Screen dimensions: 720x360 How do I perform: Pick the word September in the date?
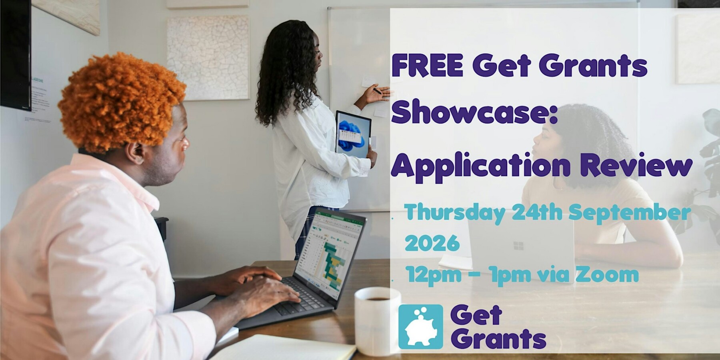(630, 214)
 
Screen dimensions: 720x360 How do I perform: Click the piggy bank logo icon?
(421, 326)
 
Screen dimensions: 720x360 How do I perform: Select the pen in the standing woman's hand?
(377, 91)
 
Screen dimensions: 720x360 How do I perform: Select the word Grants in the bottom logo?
(500, 339)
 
